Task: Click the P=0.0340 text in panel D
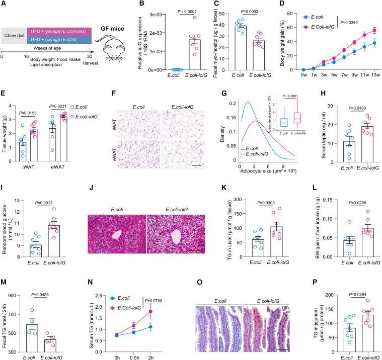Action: [x=354, y=22]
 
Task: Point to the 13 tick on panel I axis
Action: [x=20, y=201]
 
